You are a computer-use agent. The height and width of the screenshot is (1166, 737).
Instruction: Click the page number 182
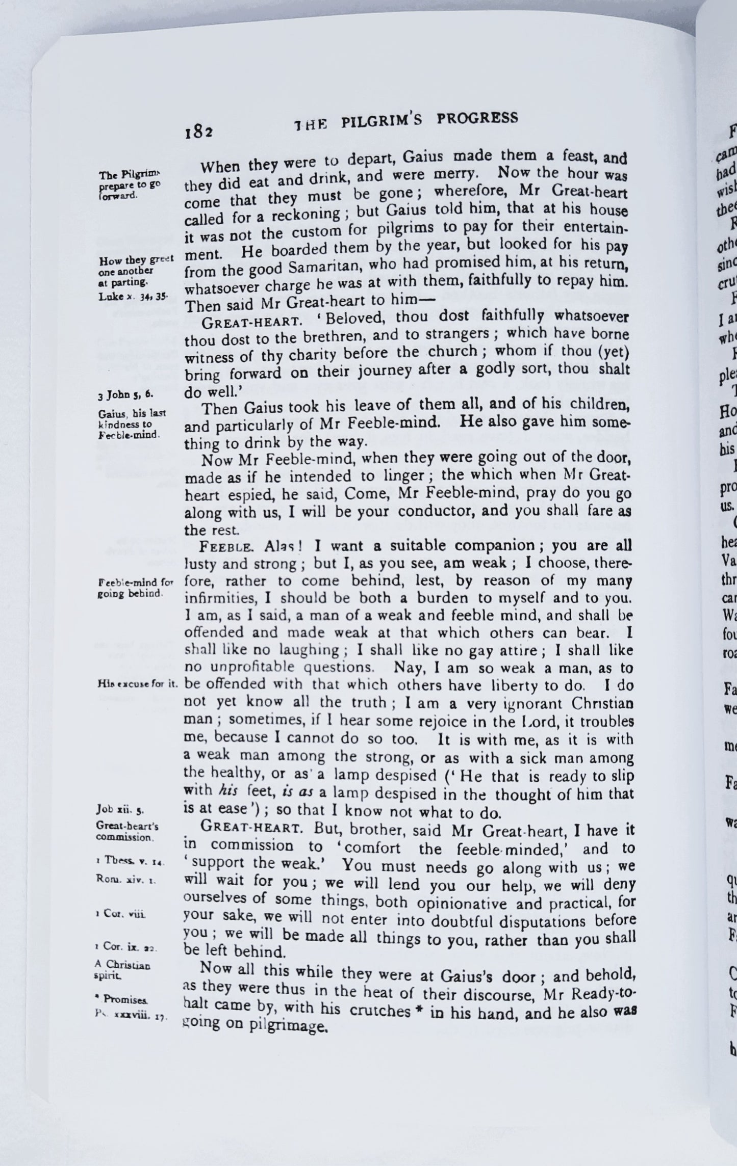(198, 131)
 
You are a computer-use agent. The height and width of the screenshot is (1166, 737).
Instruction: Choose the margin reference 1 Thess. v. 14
(129, 861)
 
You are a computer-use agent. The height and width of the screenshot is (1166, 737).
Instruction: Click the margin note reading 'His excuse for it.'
(137, 684)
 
